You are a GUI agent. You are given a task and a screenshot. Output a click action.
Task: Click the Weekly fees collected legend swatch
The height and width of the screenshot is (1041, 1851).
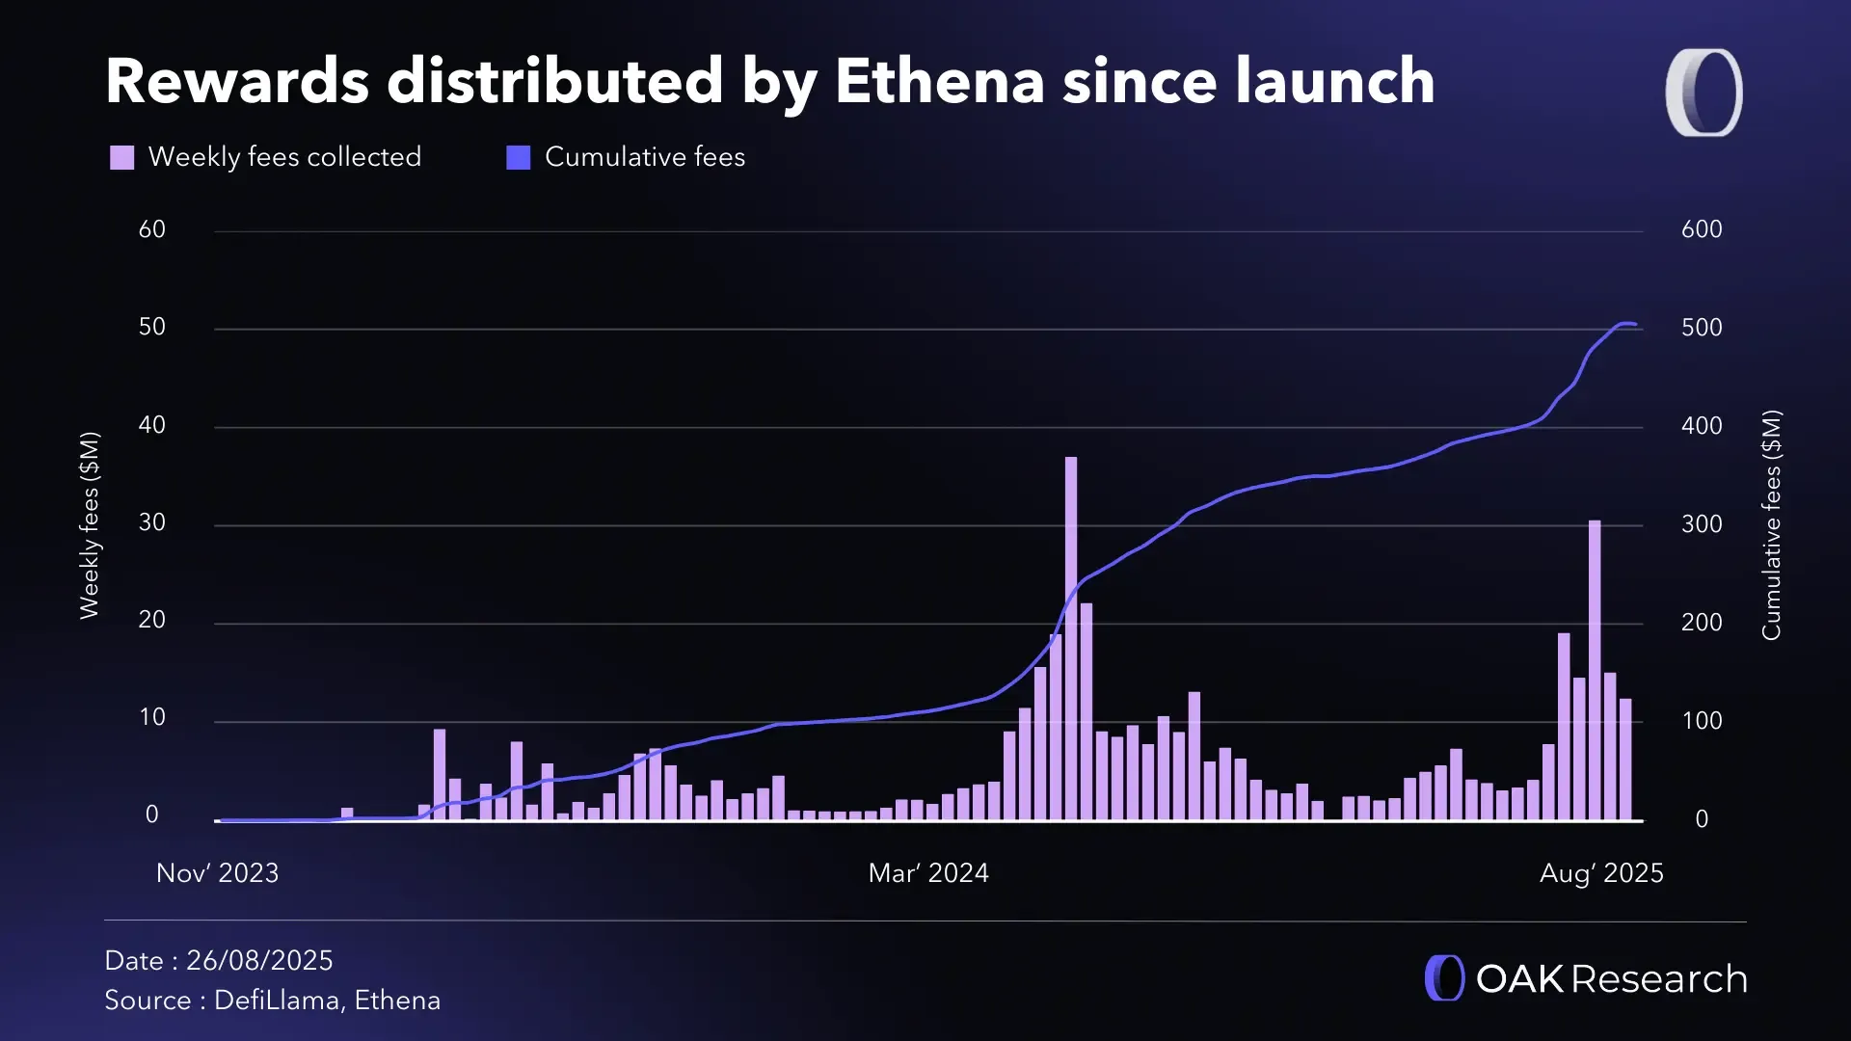coord(121,157)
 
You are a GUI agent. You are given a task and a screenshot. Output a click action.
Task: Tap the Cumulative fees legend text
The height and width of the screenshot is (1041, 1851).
coord(644,157)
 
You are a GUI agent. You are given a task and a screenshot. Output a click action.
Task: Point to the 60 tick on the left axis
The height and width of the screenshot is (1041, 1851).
coord(151,229)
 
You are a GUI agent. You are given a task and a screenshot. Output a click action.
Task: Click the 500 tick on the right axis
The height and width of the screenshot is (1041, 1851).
coord(1701,328)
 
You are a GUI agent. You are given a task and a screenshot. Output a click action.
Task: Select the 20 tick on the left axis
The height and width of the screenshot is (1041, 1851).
coord(151,620)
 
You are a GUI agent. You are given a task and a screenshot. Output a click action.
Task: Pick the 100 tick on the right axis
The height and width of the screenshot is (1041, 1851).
coord(1701,721)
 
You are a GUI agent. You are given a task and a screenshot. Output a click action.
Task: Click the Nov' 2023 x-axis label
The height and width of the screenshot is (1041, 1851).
coord(217,873)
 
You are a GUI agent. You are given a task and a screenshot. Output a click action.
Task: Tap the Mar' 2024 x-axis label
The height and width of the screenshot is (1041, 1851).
coord(927,873)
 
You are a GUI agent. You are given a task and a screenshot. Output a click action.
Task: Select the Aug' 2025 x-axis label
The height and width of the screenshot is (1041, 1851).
coord(1600,873)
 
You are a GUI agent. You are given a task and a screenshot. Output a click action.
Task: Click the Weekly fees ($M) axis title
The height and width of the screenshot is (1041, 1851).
coord(89,525)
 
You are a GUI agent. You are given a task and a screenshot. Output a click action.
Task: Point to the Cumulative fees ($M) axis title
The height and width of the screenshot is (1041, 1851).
coord(1771,525)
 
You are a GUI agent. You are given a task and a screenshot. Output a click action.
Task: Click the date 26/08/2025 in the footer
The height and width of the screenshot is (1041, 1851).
coord(258,961)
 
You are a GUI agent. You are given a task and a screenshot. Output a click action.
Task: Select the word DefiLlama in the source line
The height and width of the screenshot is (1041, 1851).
coord(276,1001)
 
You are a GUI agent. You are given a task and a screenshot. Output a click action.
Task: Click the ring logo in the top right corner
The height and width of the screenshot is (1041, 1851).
coord(1703,93)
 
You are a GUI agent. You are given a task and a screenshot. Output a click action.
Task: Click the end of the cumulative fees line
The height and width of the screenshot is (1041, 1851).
coord(1634,325)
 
